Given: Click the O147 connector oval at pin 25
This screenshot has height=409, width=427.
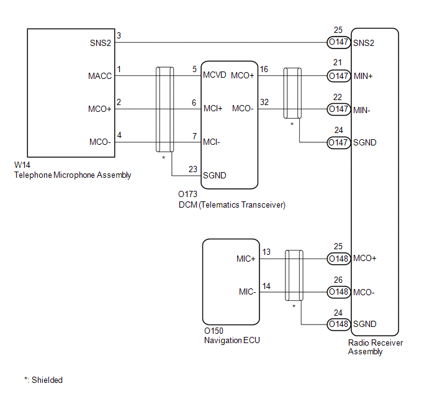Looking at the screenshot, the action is coord(339,42).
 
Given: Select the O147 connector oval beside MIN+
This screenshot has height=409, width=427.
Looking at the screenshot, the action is coord(339,76).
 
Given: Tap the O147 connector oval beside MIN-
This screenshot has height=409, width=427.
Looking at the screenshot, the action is coord(339,109).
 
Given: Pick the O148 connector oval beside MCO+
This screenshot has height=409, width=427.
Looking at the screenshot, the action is coord(339,259).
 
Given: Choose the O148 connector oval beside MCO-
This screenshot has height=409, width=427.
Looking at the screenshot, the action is coord(339,292).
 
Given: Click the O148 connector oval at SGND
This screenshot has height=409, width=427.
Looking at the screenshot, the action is coord(339,324).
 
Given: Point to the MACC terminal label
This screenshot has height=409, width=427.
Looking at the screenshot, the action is coord(100,76).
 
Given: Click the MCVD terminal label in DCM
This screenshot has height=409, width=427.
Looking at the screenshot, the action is coord(215,75).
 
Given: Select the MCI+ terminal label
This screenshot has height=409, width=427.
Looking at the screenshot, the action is coord(213,109).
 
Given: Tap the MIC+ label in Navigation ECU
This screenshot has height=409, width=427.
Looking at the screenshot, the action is coord(246,259).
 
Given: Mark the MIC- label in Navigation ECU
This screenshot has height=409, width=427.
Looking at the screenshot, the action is coord(247,292).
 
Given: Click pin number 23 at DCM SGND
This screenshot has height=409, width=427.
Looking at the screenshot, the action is coord(193,169).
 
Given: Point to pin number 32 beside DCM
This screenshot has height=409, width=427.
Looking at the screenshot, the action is coord(264,102).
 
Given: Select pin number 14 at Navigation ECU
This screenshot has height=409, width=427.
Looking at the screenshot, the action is coord(266,287).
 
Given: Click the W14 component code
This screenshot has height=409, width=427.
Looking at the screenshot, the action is coord(22,165).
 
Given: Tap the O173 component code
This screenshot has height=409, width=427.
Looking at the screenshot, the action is coord(187,194).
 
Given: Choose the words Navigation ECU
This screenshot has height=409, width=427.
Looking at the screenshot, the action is coord(232,341).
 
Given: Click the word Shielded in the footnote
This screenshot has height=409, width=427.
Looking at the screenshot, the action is coord(47,380).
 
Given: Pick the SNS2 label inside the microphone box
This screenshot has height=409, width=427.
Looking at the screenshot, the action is coord(101,43).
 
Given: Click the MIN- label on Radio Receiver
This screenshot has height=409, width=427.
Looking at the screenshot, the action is coord(362,111).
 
